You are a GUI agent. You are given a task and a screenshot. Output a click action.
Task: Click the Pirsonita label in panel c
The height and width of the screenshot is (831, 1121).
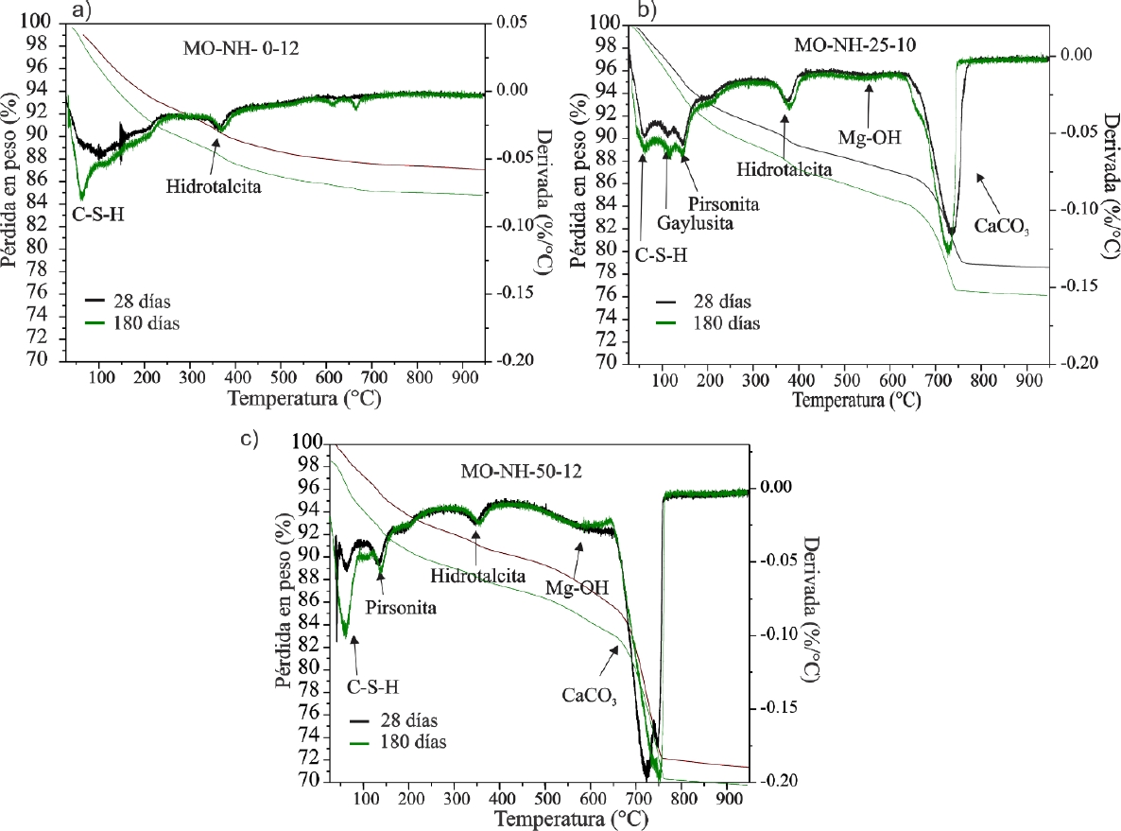[401, 607]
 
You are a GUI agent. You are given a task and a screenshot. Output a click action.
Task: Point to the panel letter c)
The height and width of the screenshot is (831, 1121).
[250, 440]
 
